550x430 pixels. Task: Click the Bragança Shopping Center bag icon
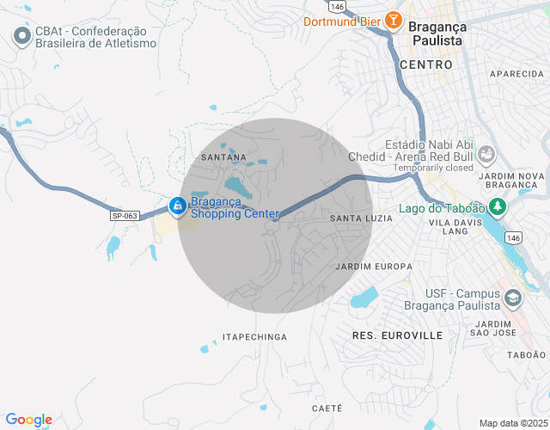click(x=177, y=206)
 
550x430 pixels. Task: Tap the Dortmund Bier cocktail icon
click(x=393, y=20)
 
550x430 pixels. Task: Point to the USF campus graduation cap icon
click(x=513, y=298)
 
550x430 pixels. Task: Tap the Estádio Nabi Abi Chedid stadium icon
click(x=486, y=155)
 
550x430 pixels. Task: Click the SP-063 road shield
click(x=125, y=215)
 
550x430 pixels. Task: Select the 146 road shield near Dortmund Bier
click(x=337, y=6)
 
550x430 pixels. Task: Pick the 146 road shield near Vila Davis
click(x=513, y=236)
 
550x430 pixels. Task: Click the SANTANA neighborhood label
click(x=223, y=157)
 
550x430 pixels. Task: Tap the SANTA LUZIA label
click(x=361, y=218)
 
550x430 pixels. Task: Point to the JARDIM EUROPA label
click(x=374, y=266)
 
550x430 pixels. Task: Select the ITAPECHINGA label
click(x=254, y=337)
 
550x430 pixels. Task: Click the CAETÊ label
click(x=327, y=408)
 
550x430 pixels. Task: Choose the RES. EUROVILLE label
click(x=397, y=334)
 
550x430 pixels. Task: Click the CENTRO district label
click(x=425, y=64)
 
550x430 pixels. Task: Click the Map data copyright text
click(x=512, y=423)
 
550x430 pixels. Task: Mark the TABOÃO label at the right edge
click(x=526, y=354)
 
